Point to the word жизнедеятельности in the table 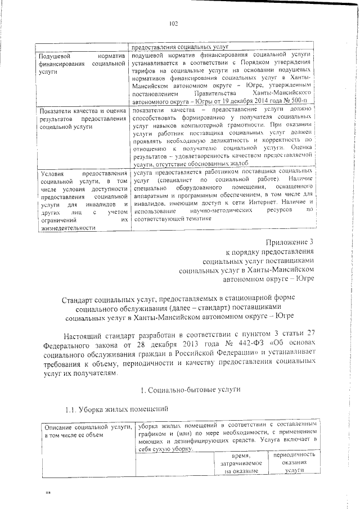(66, 227)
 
